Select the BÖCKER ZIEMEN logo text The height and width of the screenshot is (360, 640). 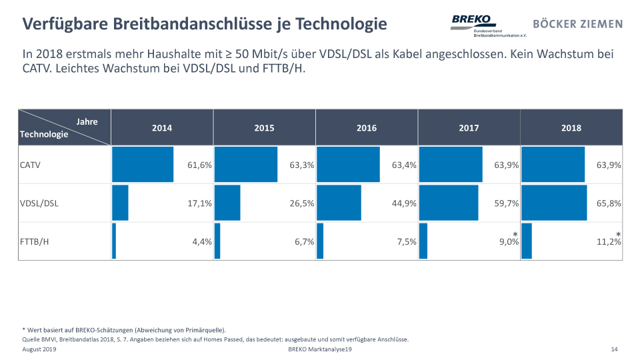(578, 24)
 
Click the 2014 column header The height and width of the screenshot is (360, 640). (162, 128)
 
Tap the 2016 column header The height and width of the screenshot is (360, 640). (367, 128)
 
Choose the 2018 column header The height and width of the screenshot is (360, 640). (571, 128)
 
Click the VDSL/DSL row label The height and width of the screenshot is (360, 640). (39, 203)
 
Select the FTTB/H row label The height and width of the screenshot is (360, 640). (35, 241)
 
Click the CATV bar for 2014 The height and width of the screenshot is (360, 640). (143, 165)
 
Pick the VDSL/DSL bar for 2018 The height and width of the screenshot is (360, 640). (554, 203)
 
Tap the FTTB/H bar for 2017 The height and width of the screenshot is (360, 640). (423, 241)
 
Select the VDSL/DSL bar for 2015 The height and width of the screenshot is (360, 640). (227, 203)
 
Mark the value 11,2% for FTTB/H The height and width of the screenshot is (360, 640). (609, 242)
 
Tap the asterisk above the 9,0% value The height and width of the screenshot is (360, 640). (515, 233)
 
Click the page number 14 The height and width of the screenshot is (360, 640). (614, 349)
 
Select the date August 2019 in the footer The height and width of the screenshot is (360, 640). (39, 349)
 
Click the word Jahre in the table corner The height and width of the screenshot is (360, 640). (87, 121)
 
